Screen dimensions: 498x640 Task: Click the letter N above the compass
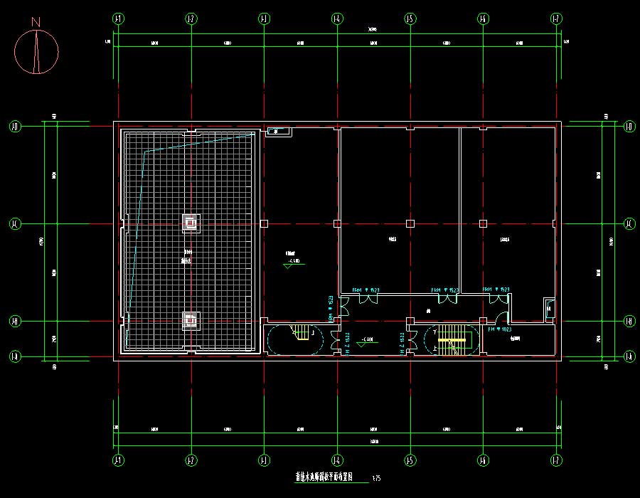pos(36,23)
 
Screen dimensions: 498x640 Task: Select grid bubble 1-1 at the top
pos(117,18)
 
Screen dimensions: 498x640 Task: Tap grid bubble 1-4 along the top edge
pos(336,18)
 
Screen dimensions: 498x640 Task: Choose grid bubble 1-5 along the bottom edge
pos(410,459)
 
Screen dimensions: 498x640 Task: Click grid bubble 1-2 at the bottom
pos(191,459)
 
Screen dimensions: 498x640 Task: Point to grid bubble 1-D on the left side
pos(14,127)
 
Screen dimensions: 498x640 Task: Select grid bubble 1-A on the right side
pos(629,356)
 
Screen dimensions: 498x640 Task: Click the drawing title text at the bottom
pos(324,477)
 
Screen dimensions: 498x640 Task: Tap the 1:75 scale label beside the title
pos(376,479)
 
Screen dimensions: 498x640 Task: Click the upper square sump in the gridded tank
pos(191,223)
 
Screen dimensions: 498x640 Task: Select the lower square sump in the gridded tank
pos(191,321)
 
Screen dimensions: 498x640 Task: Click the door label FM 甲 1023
pos(501,329)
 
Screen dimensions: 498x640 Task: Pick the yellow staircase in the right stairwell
pos(451,340)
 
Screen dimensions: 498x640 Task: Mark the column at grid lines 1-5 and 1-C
pos(410,223)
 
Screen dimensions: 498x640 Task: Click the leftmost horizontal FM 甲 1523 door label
pos(366,290)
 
